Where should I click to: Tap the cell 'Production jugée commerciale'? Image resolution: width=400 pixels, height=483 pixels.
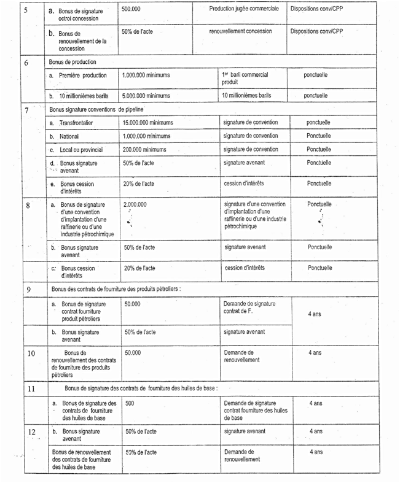coord(243,9)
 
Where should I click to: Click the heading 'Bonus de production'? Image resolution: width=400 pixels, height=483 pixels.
coord(74,62)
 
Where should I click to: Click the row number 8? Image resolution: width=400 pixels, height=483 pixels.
coord(28,206)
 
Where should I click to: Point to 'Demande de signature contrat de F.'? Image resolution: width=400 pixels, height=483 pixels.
coord(249,307)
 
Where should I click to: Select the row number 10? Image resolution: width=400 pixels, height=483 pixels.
coord(31,354)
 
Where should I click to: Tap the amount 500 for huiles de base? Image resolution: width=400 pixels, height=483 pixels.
coord(130,403)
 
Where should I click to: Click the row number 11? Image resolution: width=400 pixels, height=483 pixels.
coord(31,388)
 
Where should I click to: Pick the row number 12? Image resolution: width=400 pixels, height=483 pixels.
coord(31,432)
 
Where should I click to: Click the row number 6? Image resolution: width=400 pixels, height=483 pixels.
coord(26,63)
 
